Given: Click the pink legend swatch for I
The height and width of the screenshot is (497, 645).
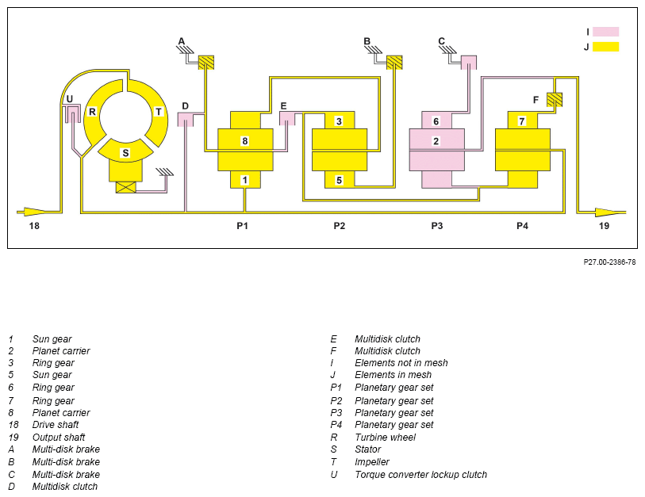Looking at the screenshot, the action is point(605,32).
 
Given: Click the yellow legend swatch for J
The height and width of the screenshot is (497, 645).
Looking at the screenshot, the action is point(605,47).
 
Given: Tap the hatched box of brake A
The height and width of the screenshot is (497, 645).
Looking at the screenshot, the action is point(206,63).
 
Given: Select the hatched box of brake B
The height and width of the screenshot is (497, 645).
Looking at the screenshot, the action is point(394,63).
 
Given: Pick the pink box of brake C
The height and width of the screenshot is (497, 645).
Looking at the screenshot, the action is point(469,63).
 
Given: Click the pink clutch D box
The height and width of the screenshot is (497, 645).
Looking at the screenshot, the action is point(185,119).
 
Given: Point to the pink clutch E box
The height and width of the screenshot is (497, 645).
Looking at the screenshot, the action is point(287,118).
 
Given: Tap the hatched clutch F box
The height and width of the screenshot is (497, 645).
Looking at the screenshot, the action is point(555,100).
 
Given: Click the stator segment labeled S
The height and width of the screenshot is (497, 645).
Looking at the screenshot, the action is point(125,150).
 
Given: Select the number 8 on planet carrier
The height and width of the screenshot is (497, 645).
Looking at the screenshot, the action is point(245,141).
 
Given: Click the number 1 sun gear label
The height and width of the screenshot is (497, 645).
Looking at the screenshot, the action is point(245,180).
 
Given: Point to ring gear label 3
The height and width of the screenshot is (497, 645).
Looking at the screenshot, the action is point(339,121).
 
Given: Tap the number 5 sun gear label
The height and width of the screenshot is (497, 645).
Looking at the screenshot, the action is point(339,180).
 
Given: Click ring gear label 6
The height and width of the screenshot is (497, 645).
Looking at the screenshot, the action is point(436,121).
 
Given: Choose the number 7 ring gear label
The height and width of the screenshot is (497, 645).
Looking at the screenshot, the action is point(521,121).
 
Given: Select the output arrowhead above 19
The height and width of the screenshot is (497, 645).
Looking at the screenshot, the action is point(608,212).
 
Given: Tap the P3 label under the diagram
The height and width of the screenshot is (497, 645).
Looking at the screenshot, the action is point(437,226).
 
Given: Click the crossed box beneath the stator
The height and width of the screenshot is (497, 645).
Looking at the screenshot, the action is point(126,187).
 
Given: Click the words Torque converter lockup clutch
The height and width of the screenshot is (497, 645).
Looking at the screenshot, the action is point(420,474).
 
